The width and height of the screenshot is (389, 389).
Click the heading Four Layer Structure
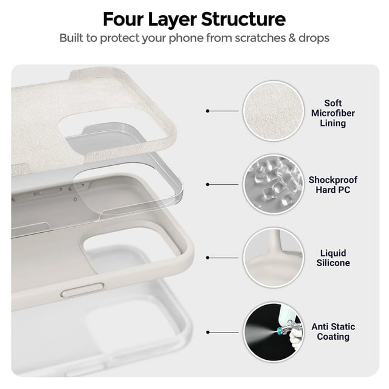(x=194, y=19)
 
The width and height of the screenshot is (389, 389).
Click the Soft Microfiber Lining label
(x=332, y=113)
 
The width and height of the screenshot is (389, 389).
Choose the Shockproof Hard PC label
(x=332, y=185)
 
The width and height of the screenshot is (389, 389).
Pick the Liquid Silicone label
(x=333, y=258)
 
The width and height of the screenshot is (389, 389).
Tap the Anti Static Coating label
(x=333, y=331)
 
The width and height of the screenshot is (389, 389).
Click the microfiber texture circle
(x=273, y=111)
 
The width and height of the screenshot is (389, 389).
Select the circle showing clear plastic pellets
(x=273, y=184)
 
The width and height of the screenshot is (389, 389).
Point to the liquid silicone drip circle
(x=273, y=258)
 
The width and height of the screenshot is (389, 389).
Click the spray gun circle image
(x=273, y=332)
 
